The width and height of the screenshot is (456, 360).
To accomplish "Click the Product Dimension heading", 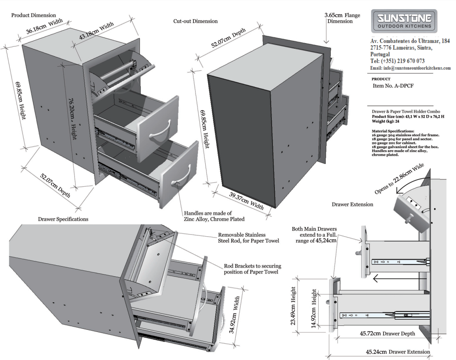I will click(x=33, y=15).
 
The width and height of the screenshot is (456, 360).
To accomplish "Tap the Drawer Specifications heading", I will click(x=63, y=219).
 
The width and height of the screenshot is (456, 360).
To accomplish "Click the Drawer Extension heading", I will click(x=352, y=204).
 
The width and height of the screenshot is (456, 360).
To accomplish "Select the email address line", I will click(x=410, y=68).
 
